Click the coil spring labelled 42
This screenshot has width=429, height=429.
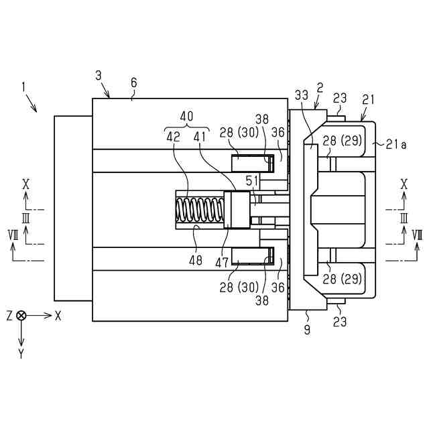tap(200, 210)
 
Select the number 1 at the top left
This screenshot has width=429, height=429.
tap(23, 86)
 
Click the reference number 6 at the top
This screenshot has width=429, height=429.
tap(133, 83)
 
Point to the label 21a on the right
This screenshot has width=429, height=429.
tap(396, 142)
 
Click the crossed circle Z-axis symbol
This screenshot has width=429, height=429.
tap(21, 315)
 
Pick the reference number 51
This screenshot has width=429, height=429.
tap(252, 180)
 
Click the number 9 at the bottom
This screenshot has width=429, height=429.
tap(307, 329)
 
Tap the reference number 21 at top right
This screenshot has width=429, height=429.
tap(368, 99)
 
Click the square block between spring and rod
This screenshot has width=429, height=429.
tap(236, 210)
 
